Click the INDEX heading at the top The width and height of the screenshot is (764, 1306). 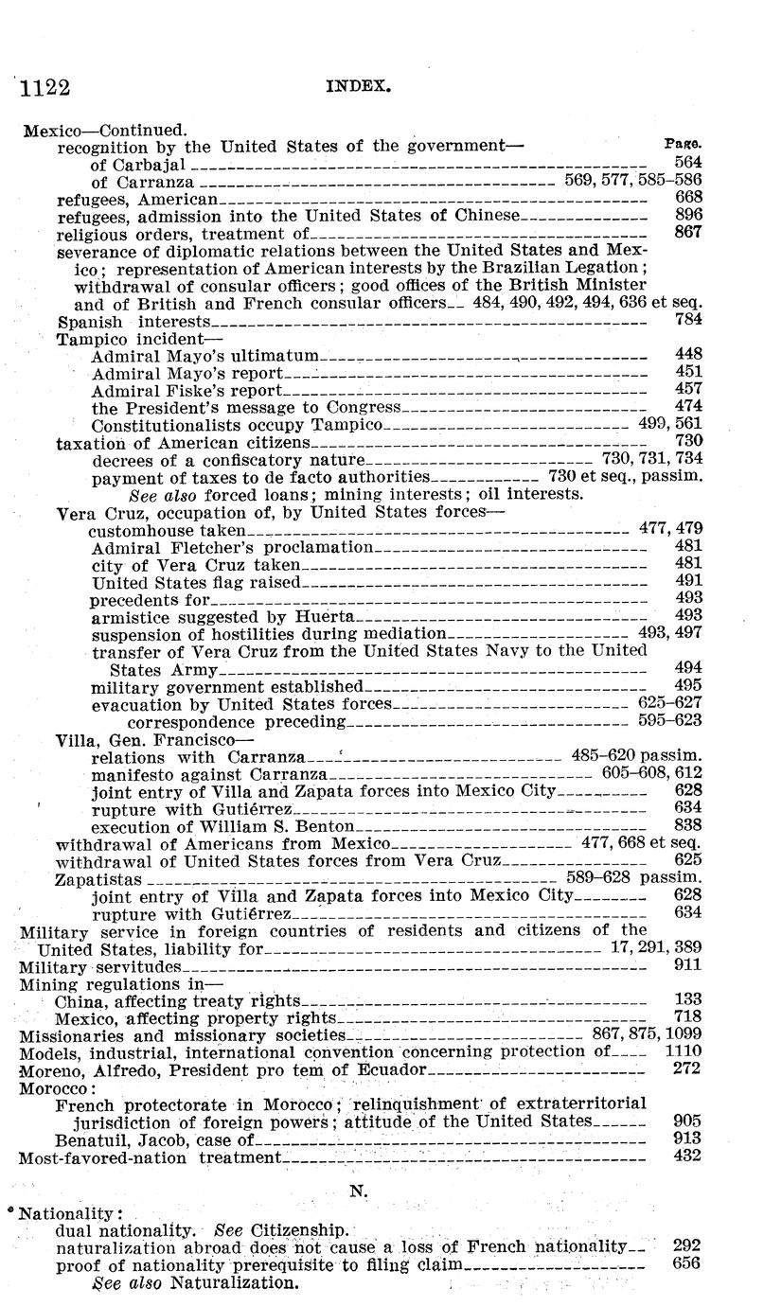359,84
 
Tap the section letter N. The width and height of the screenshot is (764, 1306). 358,1192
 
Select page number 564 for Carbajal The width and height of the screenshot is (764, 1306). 687,163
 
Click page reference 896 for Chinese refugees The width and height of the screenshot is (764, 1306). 687,215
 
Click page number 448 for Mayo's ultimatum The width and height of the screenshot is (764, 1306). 687,354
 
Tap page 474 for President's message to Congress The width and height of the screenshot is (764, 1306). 687,406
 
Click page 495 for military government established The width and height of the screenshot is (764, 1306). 687,685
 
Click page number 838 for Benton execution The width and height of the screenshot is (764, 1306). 687,825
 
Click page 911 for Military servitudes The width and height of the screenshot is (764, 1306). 687,965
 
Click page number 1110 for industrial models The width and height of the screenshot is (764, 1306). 683,1051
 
